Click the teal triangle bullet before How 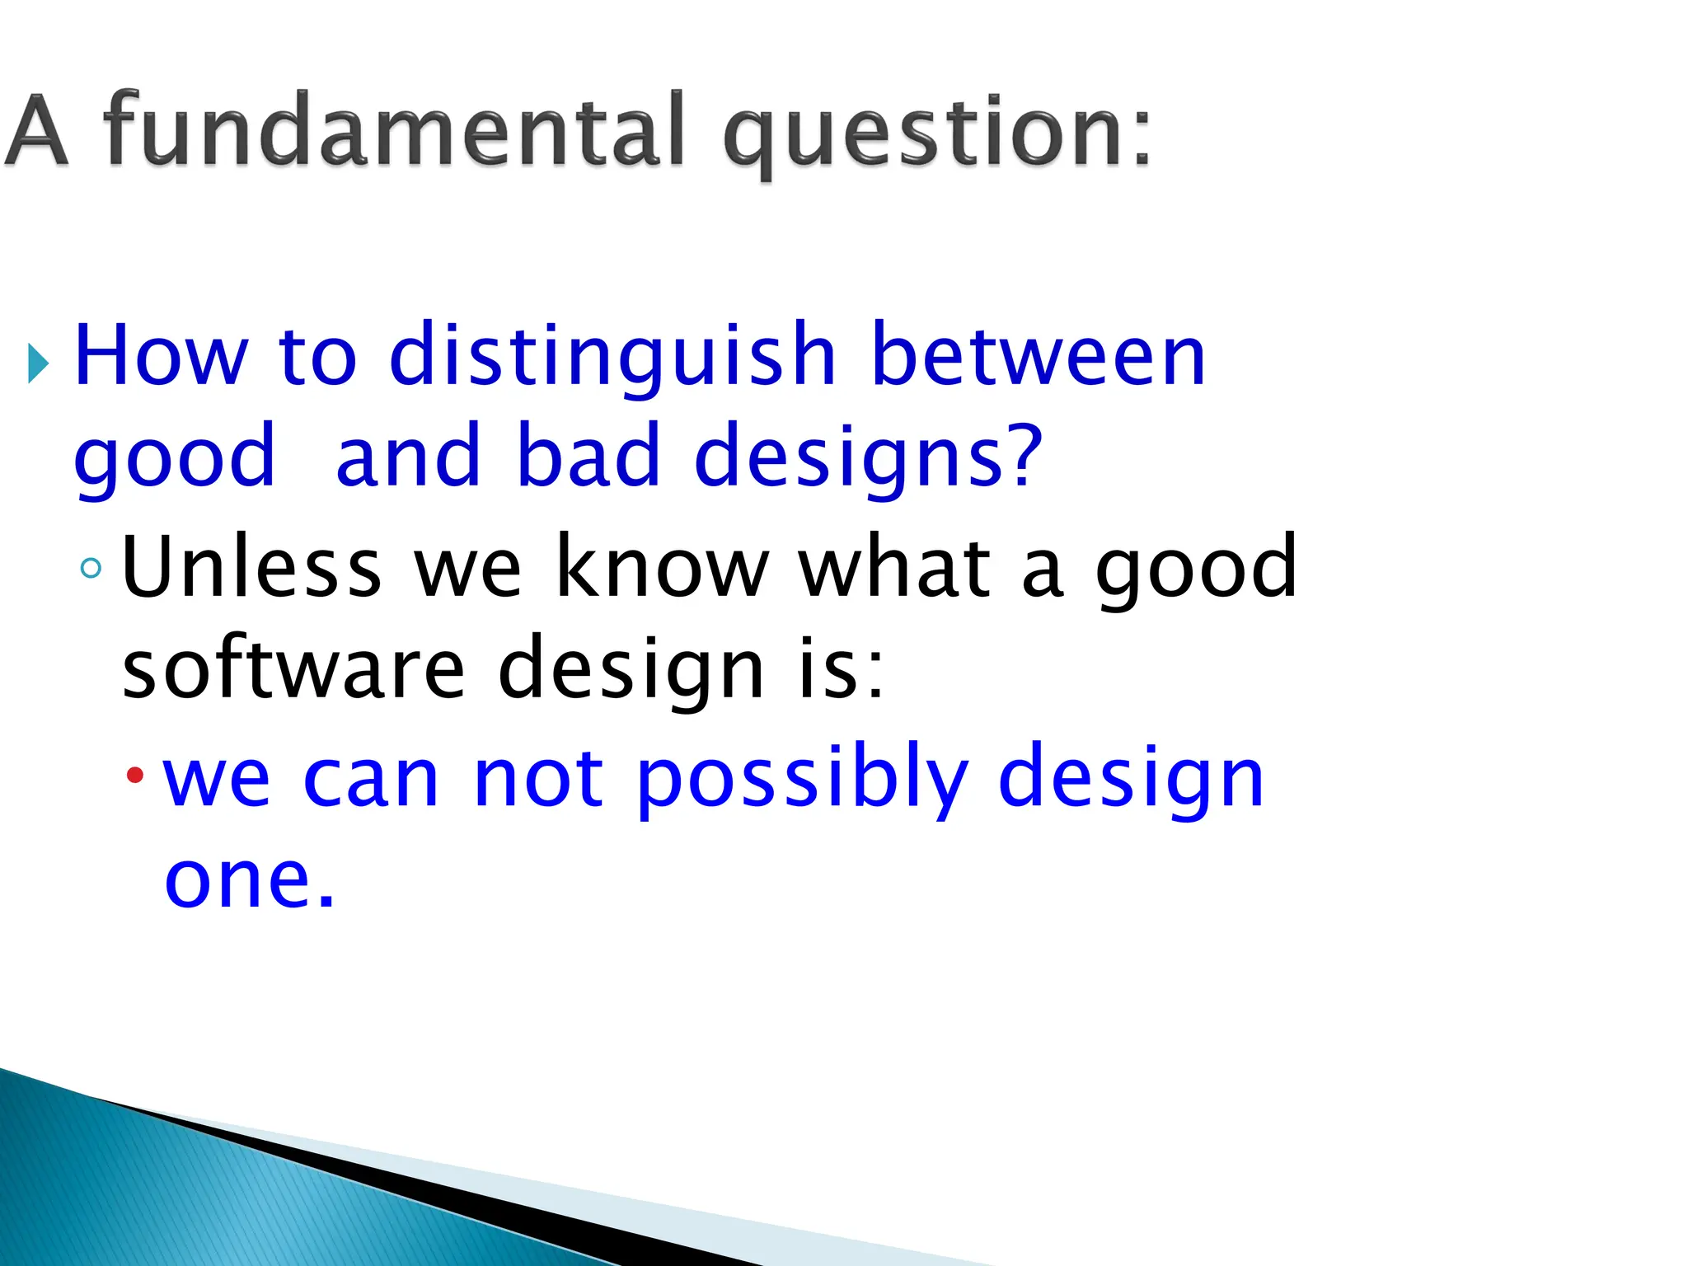point(38,363)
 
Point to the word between point(1038,356)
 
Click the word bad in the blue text point(588,456)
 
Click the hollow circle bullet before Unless point(91,568)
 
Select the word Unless point(251,566)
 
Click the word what point(895,566)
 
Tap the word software point(293,668)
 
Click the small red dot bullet point(135,776)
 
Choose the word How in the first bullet point(161,356)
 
